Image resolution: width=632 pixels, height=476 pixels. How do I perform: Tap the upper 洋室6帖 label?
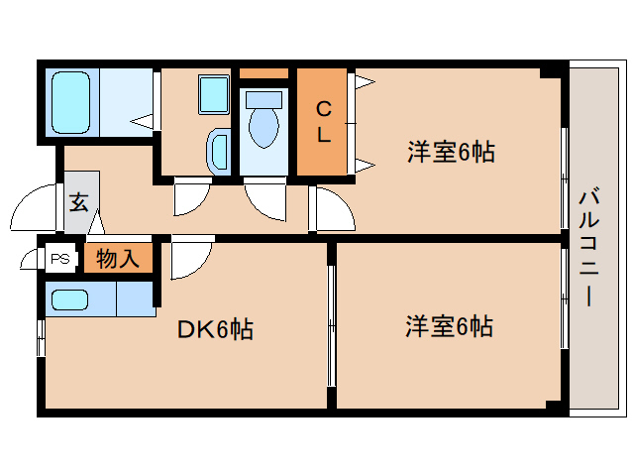pyautogui.click(x=451, y=152)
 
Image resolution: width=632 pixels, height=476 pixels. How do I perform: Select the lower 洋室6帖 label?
pyautogui.click(x=449, y=325)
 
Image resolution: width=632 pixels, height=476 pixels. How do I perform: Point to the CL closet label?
pyautogui.click(x=322, y=120)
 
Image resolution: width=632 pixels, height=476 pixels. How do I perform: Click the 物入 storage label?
pyautogui.click(x=118, y=260)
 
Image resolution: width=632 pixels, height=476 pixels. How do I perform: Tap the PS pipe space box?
pyautogui.click(x=60, y=260)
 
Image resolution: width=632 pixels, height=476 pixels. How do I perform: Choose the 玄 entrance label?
pyautogui.click(x=78, y=202)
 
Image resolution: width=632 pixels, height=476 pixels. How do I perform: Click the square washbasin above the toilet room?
pyautogui.click(x=213, y=94)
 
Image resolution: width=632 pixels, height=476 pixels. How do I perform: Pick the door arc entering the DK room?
pyautogui.click(x=189, y=260)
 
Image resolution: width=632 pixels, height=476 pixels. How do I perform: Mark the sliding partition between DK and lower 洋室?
pyautogui.click(x=330, y=324)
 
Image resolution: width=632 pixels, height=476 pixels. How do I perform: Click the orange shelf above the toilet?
pyautogui.click(x=263, y=74)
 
